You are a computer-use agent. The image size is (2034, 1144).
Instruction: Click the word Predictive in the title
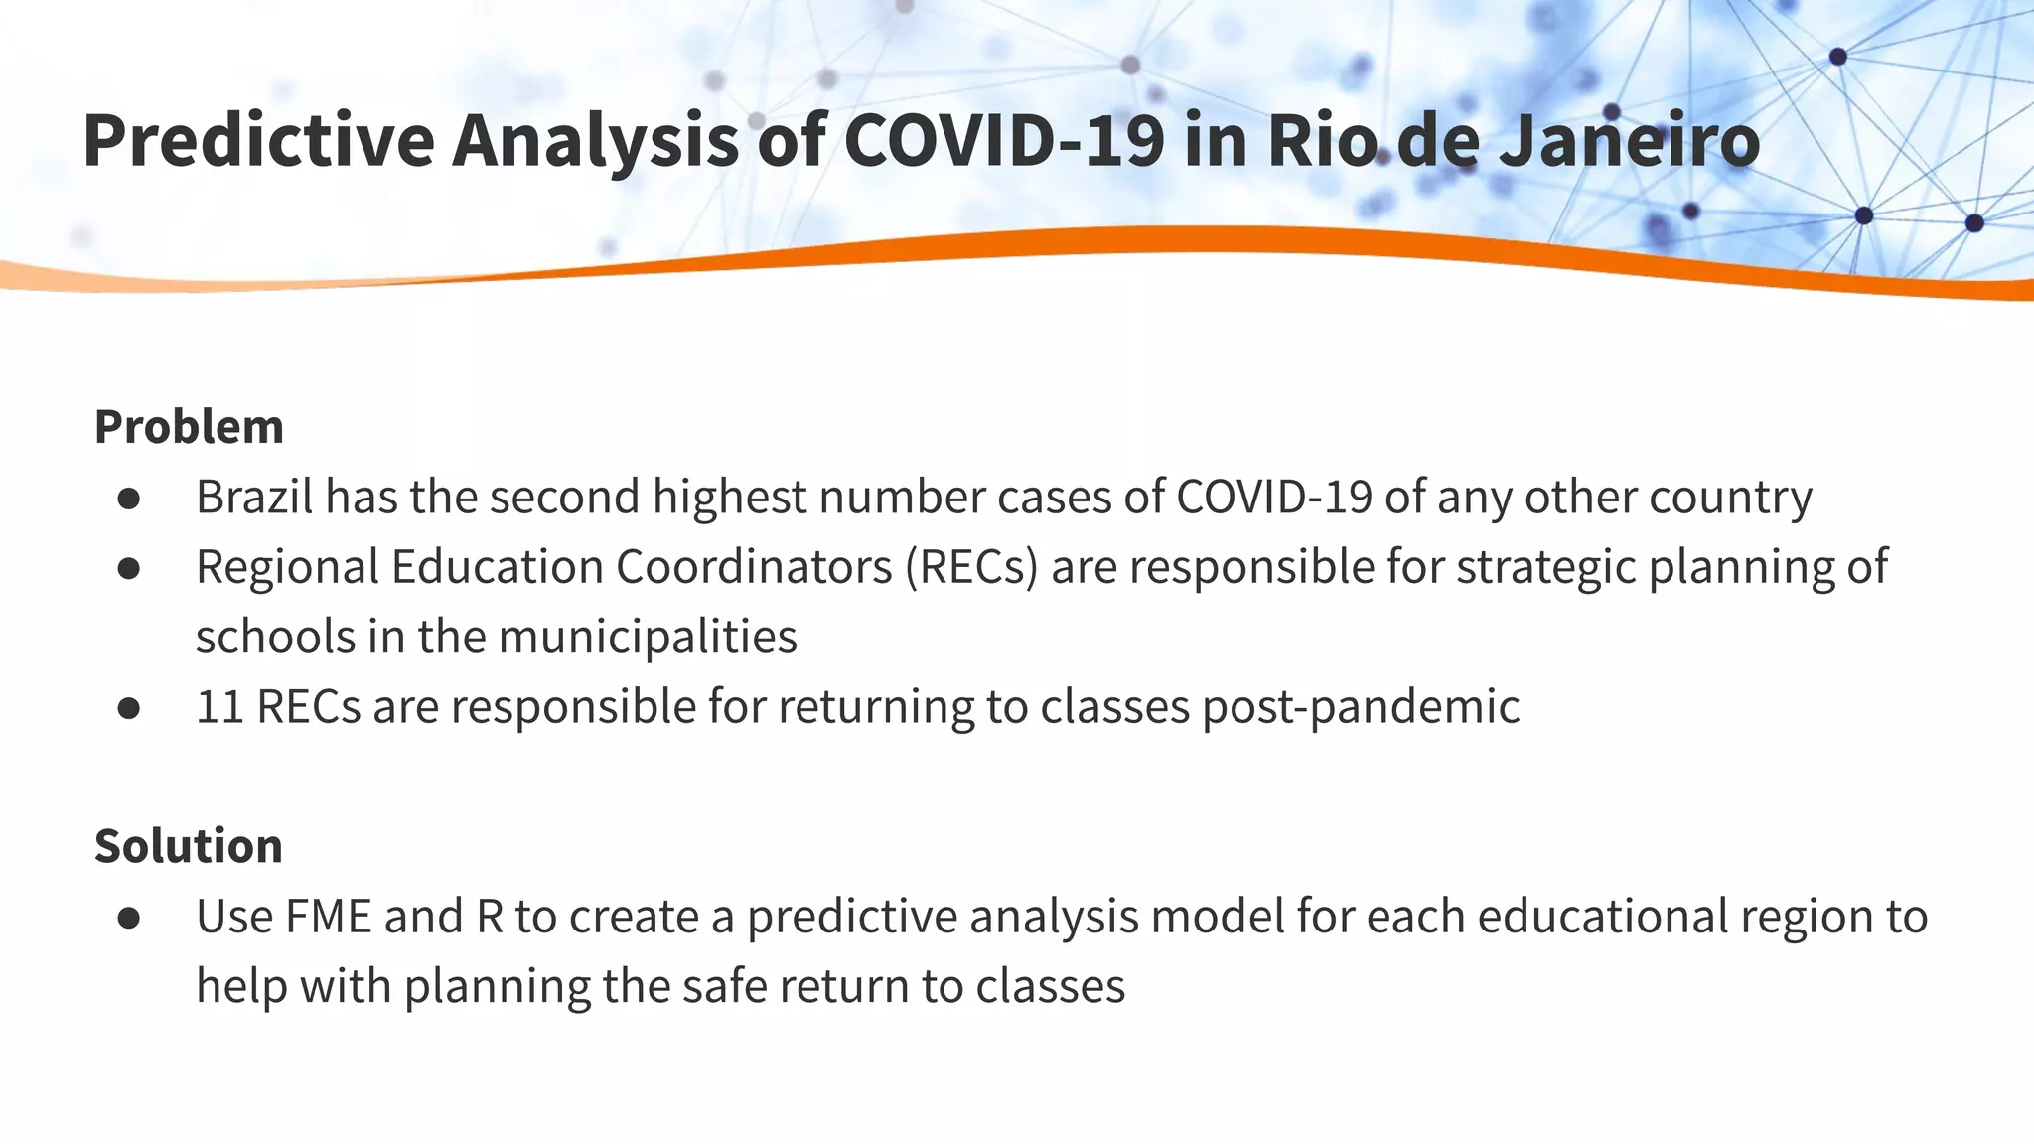(x=258, y=140)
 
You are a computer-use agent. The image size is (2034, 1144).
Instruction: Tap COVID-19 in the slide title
(x=1003, y=140)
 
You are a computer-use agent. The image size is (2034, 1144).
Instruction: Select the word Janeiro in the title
(x=1629, y=140)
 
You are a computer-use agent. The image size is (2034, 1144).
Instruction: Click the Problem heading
(x=189, y=427)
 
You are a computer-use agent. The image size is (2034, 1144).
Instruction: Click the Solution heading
(x=189, y=846)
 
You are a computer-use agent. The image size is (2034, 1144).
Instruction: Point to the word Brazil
(x=254, y=497)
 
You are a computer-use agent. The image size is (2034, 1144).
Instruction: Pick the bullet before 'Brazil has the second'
(x=128, y=498)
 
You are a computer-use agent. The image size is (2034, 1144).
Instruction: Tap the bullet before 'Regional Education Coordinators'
(x=128, y=568)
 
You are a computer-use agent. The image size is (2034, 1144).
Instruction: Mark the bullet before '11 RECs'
(x=128, y=708)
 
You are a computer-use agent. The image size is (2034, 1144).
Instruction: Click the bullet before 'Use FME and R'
(x=128, y=918)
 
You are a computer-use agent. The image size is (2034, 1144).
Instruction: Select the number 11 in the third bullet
(x=219, y=707)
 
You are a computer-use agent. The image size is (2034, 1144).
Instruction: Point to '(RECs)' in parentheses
(x=970, y=567)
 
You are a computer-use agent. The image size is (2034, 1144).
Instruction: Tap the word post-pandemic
(x=1361, y=707)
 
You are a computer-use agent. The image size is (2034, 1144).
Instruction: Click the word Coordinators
(x=754, y=567)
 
